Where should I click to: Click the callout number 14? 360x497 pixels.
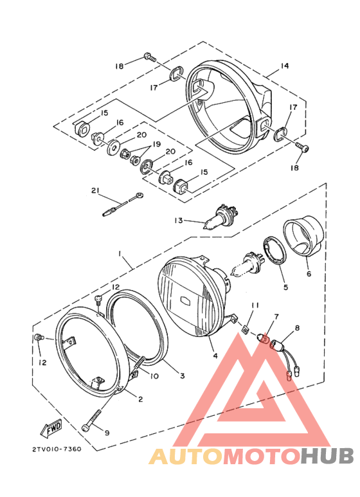click(285, 67)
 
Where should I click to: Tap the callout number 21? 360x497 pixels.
click(96, 191)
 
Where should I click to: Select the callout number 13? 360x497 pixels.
click(179, 221)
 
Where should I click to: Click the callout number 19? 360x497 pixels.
click(156, 145)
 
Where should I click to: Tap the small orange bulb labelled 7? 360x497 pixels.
click(263, 338)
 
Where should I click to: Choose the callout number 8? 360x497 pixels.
click(296, 328)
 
